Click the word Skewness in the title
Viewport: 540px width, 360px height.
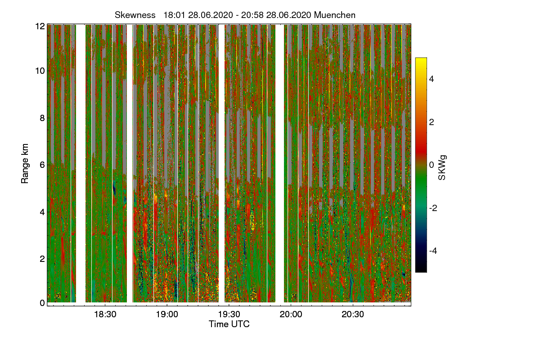click(x=135, y=15)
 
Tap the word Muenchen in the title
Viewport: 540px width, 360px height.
click(x=335, y=15)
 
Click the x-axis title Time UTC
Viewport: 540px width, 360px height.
click(x=229, y=324)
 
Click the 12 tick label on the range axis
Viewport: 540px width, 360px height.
click(x=40, y=27)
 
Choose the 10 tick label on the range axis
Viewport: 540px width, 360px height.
click(x=40, y=71)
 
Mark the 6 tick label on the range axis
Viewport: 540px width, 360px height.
click(x=42, y=165)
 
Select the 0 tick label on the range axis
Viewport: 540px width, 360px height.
click(x=42, y=303)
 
